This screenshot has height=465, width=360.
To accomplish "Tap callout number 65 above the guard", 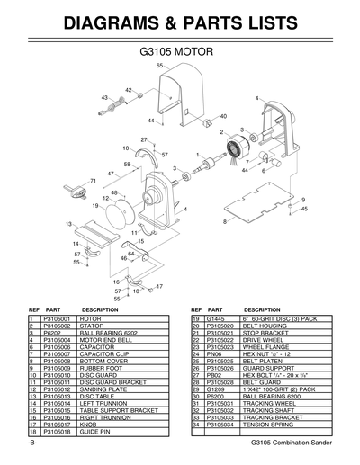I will [x=159, y=67].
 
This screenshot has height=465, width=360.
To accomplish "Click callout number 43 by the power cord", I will [x=104, y=97].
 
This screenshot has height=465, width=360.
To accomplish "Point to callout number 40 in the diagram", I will [x=223, y=116].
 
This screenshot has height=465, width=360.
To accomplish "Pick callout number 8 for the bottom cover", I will [x=224, y=221].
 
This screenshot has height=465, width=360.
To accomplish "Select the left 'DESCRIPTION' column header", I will [x=100, y=309].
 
